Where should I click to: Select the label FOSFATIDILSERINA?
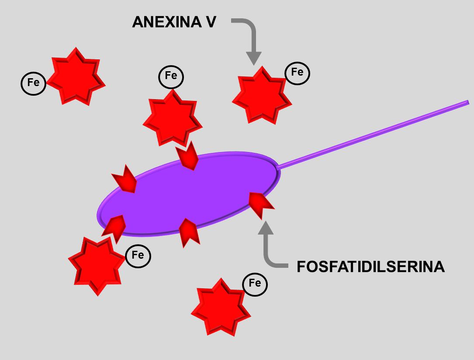370,267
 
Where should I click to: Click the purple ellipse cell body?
188,194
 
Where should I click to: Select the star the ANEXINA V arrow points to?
261,95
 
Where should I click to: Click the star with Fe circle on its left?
76,76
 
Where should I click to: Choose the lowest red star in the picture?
221,308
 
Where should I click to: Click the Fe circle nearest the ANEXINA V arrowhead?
297,73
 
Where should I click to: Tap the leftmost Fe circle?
33,83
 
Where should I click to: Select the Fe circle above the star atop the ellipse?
171,76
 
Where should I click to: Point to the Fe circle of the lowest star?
255,284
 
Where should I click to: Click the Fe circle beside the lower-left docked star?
138,255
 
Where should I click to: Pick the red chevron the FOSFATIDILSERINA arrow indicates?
261,204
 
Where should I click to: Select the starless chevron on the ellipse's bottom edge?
189,231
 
